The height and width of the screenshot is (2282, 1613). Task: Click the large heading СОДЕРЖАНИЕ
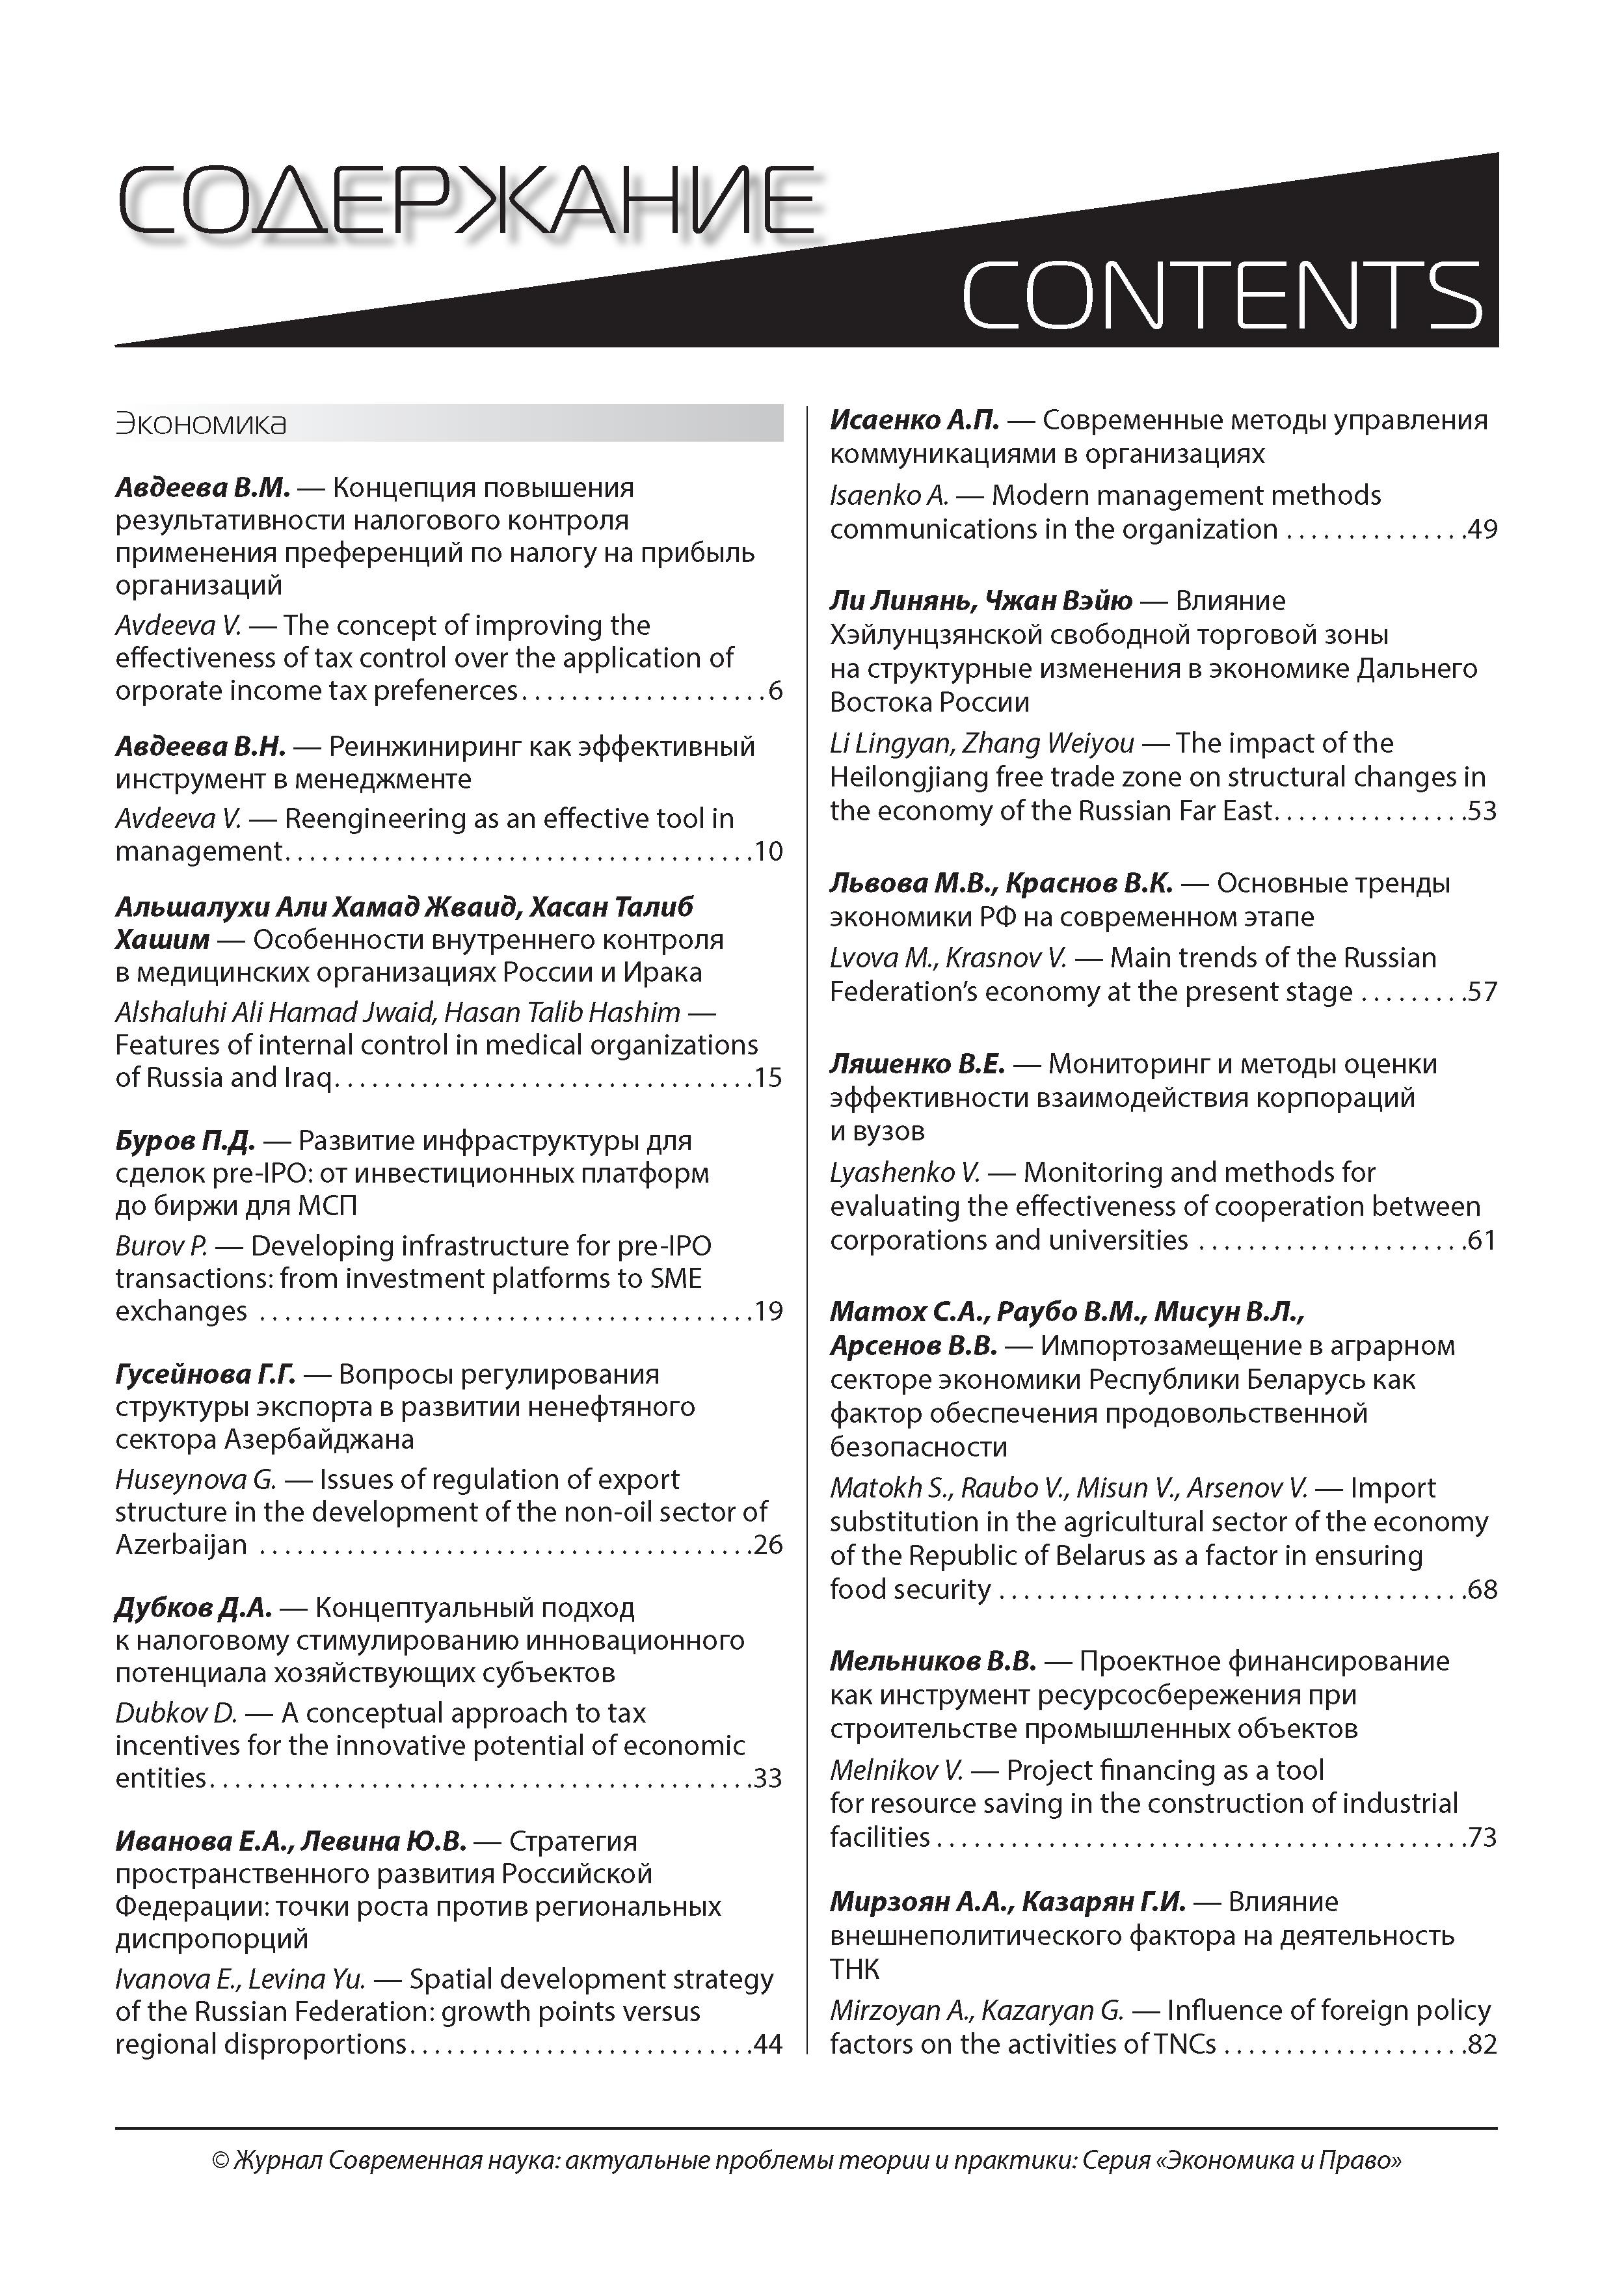[x=465, y=204]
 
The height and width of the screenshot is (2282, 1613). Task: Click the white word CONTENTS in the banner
[x=1220, y=295]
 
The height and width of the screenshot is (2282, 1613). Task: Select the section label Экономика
[x=201, y=423]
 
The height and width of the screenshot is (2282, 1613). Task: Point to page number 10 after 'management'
[x=768, y=852]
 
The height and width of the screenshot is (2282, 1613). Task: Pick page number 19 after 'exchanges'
[x=768, y=1312]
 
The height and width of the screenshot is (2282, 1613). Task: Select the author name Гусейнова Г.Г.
[x=206, y=1375]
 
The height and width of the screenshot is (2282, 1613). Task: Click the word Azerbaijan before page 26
[x=181, y=1544]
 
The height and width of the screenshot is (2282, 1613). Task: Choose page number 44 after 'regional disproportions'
[x=768, y=2045]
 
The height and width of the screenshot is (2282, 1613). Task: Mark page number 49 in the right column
[x=1482, y=530]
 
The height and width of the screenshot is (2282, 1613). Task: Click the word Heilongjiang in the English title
[x=919, y=777]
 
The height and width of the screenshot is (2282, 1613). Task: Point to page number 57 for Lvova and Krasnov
[x=1482, y=992]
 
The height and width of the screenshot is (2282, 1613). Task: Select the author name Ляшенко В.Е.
[x=917, y=1064]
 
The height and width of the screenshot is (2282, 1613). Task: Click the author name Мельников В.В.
[x=932, y=1661]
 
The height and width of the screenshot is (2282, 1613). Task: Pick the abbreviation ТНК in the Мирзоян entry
[x=855, y=1969]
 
